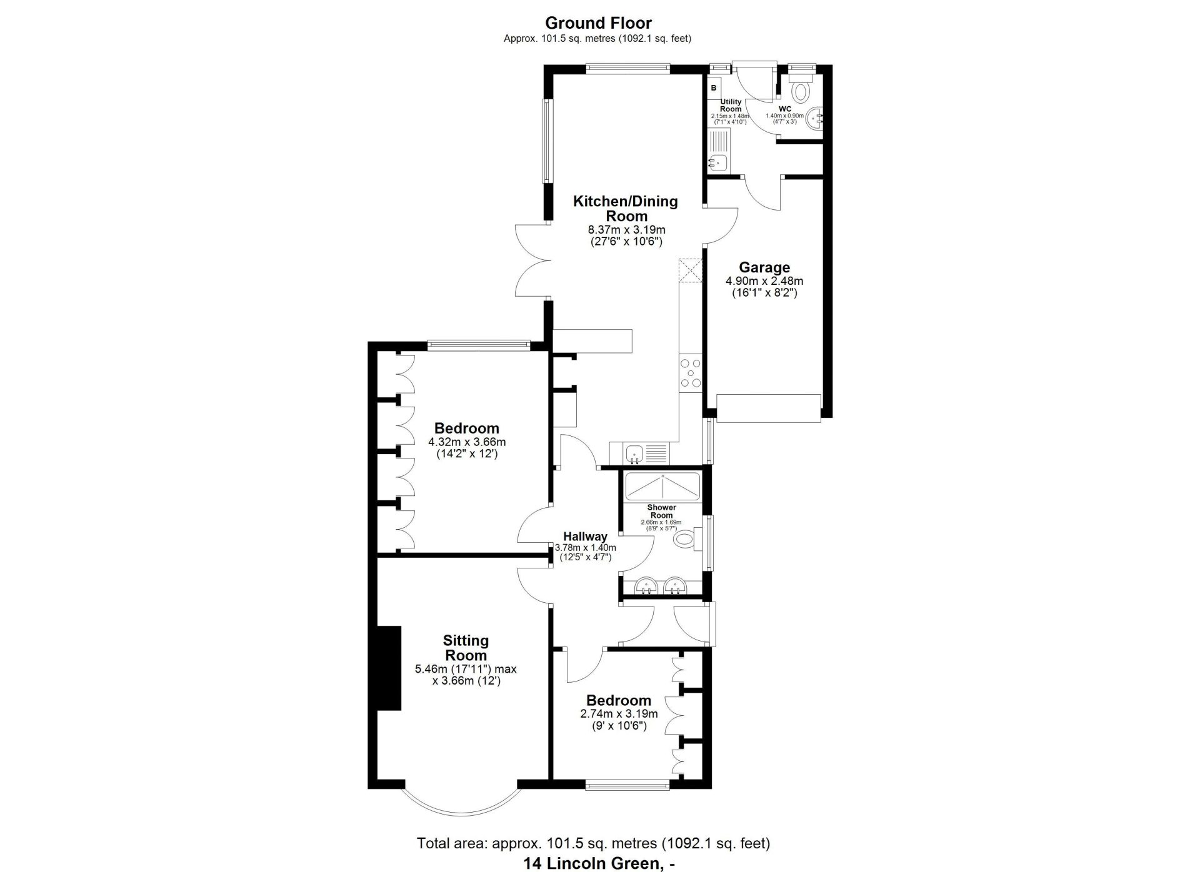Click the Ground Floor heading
(598, 23)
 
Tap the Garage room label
(764, 267)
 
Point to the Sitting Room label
(466, 648)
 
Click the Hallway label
(585, 537)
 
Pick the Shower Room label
(661, 512)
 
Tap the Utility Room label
(731, 105)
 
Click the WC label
(785, 109)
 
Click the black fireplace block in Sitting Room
(389, 668)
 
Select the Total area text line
(594, 843)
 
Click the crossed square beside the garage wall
(690, 270)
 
